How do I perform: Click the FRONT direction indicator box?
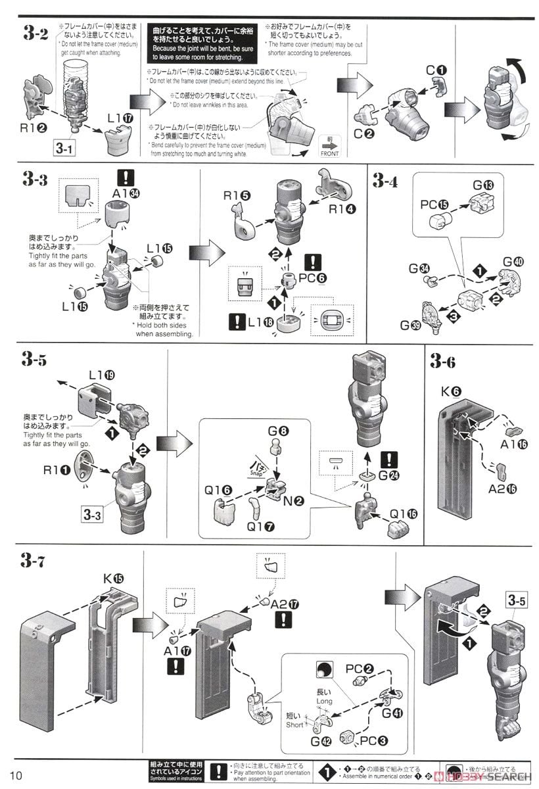[x=329, y=149]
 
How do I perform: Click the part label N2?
[x=294, y=501]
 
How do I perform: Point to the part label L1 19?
[x=101, y=375]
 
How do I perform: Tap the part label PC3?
[x=374, y=740]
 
